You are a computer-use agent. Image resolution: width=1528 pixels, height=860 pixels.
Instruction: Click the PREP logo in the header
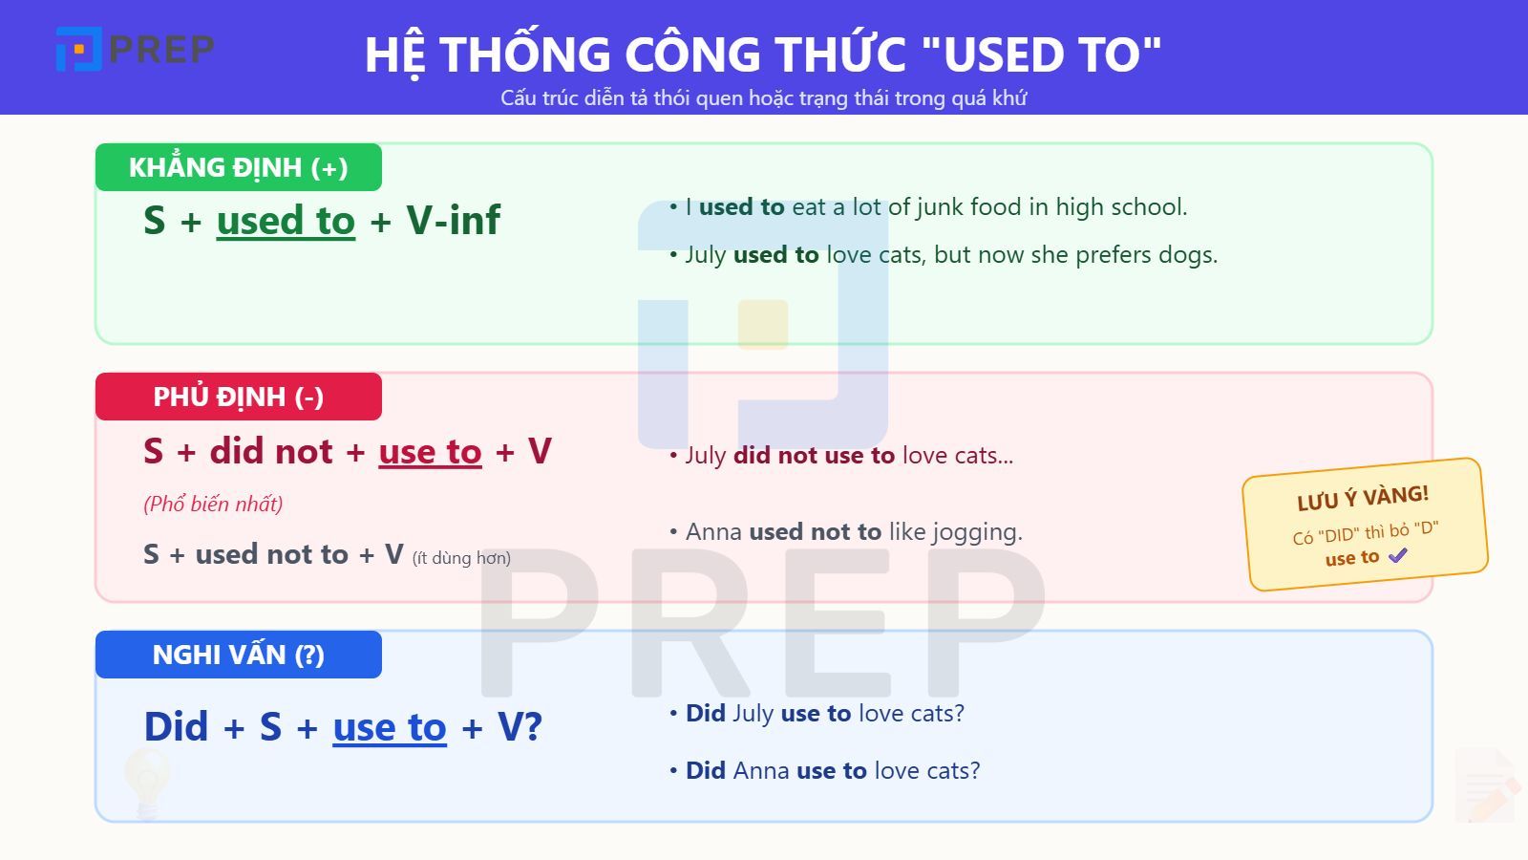(x=135, y=49)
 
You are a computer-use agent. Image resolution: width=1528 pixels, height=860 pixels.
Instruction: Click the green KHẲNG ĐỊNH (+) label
(x=238, y=167)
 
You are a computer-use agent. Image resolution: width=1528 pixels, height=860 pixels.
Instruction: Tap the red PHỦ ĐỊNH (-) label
(x=238, y=397)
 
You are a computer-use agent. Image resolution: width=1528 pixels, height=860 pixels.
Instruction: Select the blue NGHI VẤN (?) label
(x=238, y=655)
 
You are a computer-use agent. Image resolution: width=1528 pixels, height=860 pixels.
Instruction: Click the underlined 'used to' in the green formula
(x=286, y=221)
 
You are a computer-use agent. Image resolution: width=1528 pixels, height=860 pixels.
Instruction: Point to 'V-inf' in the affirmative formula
(x=453, y=221)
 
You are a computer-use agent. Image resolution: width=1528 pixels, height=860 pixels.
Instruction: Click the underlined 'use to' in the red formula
(x=430, y=451)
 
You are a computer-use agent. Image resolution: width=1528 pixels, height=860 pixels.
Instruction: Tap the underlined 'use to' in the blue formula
(x=390, y=727)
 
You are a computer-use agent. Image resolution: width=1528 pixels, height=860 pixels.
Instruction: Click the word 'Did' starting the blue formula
(x=176, y=727)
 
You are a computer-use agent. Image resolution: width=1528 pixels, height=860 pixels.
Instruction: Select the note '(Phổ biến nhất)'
(x=213, y=504)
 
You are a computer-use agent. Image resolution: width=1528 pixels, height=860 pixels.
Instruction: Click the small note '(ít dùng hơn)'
(x=461, y=558)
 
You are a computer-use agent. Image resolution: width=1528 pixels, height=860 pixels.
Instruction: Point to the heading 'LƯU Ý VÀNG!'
(x=1363, y=498)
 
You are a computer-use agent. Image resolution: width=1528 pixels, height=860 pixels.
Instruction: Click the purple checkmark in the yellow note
(x=1398, y=555)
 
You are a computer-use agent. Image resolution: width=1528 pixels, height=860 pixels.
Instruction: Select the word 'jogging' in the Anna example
(x=979, y=532)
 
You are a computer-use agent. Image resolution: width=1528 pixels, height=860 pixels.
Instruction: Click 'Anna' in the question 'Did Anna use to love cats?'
(x=761, y=771)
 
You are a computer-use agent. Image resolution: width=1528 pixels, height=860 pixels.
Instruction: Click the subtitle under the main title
(x=763, y=97)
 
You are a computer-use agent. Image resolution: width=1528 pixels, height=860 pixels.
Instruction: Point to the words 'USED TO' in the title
(x=1050, y=54)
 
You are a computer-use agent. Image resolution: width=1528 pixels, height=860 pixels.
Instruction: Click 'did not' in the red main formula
(x=271, y=451)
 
